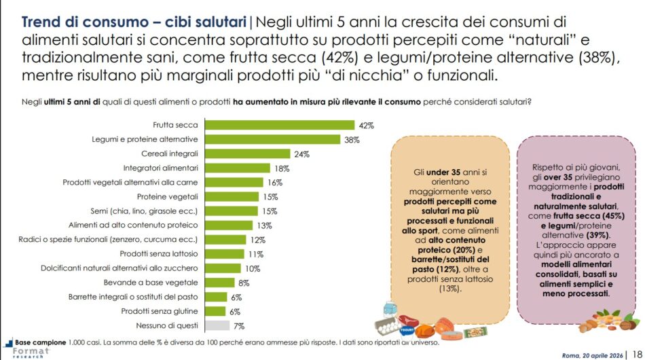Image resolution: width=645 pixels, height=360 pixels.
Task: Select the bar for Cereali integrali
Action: click(x=248, y=154)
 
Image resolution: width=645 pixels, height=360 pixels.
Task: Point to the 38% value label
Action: click(x=351, y=139)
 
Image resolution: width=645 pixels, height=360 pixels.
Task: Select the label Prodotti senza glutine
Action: click(x=160, y=311)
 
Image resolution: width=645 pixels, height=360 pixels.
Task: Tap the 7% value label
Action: click(x=239, y=326)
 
